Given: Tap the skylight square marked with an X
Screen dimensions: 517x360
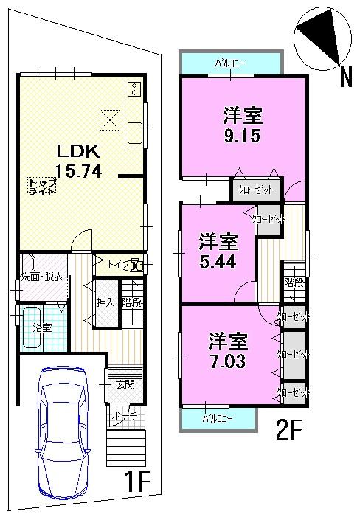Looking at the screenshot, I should click(109, 119).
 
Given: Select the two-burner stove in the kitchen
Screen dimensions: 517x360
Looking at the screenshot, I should click(135, 89).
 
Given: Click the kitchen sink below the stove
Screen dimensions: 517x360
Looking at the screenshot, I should click(135, 133).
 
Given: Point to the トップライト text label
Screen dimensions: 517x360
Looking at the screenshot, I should click(42, 186).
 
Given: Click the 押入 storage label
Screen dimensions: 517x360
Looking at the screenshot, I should click(105, 301).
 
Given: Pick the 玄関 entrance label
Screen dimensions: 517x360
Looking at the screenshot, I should click(123, 383).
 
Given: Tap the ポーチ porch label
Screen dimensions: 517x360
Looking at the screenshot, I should click(120, 416).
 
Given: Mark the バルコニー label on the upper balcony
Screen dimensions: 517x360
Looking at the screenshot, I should click(231, 63).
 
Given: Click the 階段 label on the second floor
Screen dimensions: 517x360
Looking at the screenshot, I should click(294, 282).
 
